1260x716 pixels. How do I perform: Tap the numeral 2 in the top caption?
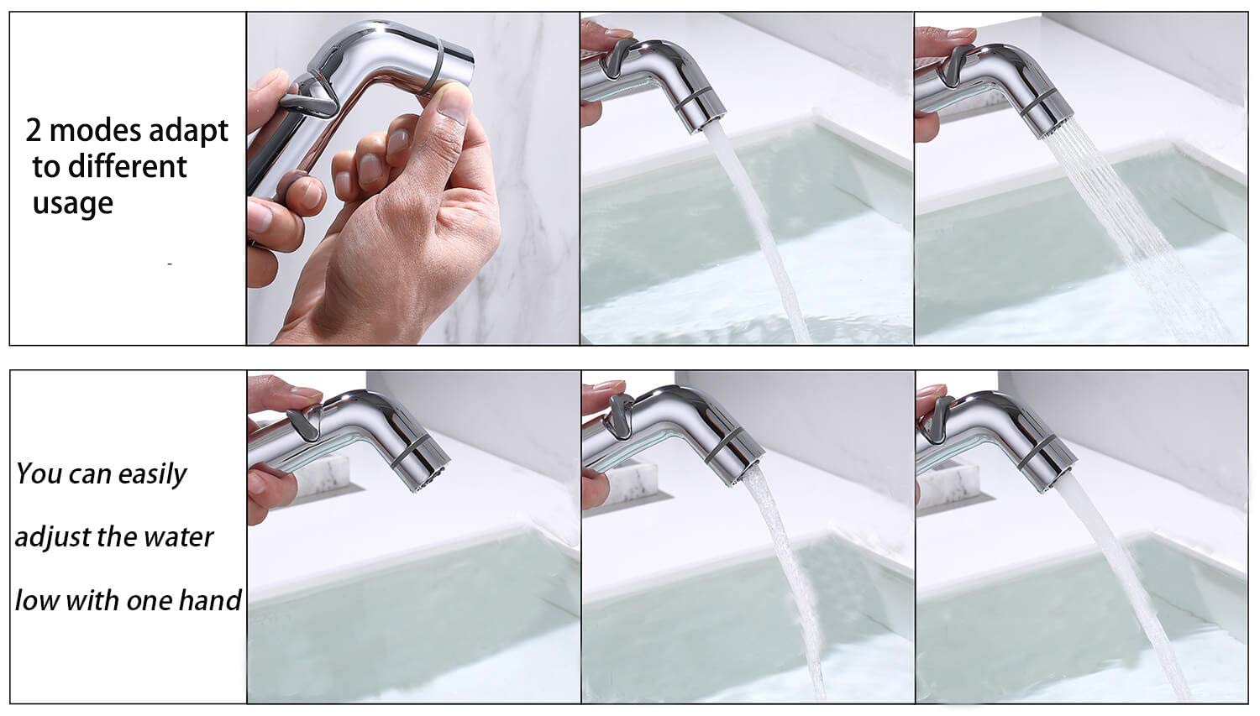34,131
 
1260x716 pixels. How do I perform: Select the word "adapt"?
187,133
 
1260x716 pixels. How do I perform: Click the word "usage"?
72,203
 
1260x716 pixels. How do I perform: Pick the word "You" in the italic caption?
38,473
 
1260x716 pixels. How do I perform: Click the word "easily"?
152,475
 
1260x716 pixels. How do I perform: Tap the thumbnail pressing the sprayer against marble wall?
412,178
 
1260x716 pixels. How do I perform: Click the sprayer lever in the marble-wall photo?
304,100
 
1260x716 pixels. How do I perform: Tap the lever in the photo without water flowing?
302,422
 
